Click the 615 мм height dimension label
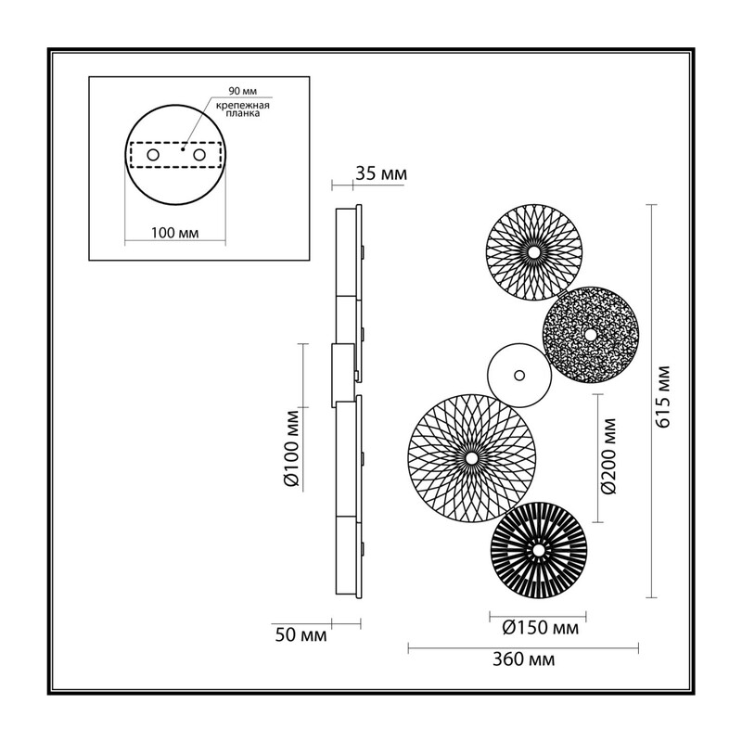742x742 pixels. click(x=663, y=397)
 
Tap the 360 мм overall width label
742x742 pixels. click(x=523, y=659)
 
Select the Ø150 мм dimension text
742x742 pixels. click(x=540, y=628)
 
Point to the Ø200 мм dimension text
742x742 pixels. click(x=610, y=455)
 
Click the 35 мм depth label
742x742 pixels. click(x=381, y=173)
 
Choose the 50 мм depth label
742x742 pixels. click(x=301, y=634)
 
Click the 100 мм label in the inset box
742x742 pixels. click(x=175, y=233)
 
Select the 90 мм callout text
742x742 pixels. click(x=243, y=91)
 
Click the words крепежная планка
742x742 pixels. click(x=243, y=109)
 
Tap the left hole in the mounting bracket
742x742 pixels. click(x=153, y=155)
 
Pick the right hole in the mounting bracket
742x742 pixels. click(x=199, y=155)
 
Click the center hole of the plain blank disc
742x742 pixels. click(x=519, y=376)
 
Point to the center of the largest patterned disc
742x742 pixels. click(x=471, y=458)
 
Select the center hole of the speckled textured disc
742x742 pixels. click(x=590, y=335)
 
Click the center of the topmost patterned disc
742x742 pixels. click(x=534, y=252)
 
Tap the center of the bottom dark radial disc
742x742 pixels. click(x=539, y=550)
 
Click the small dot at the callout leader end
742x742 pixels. click(x=182, y=149)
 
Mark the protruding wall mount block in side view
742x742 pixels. click(x=342, y=376)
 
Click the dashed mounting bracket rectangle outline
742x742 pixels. click(x=175, y=143)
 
